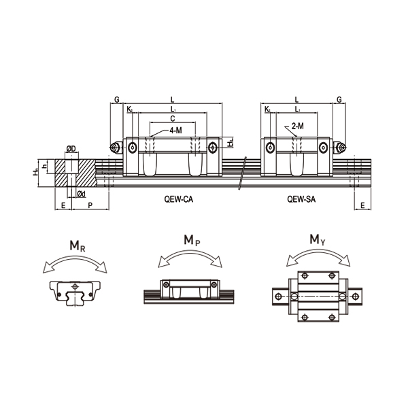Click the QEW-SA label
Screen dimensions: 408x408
click(x=300, y=201)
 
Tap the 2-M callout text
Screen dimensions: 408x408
click(x=297, y=126)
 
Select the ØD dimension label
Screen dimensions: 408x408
click(x=71, y=149)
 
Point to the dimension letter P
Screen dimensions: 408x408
click(x=91, y=205)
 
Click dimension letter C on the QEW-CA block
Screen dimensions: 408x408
click(x=172, y=118)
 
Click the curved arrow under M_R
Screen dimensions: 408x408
click(x=75, y=262)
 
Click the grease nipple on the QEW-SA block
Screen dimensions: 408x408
click(x=340, y=148)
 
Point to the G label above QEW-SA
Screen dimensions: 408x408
click(x=339, y=100)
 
